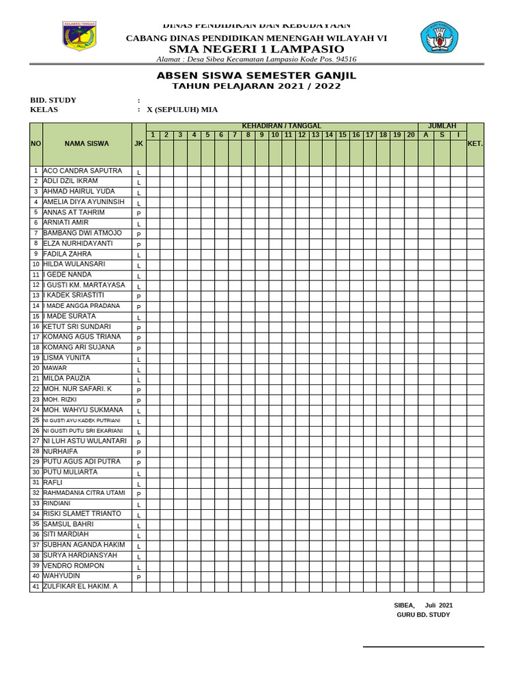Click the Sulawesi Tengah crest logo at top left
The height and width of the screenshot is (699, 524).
(x=79, y=36)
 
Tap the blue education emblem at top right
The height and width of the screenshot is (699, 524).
(x=439, y=38)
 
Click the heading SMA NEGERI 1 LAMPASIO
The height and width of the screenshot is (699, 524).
(x=257, y=49)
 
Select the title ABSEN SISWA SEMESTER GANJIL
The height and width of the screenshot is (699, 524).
(x=257, y=75)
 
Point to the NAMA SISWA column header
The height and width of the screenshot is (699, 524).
(x=87, y=144)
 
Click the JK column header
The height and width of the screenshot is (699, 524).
(x=139, y=144)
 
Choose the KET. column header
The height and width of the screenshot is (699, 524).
(x=475, y=144)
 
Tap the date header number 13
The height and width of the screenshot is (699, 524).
(x=316, y=135)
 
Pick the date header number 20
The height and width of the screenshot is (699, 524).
(x=411, y=135)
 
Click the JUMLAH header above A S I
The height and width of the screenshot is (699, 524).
(x=442, y=126)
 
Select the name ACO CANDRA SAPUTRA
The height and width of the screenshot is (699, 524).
(x=83, y=171)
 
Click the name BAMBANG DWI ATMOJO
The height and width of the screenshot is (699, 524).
(x=83, y=233)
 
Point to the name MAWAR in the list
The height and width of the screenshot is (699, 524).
(x=55, y=368)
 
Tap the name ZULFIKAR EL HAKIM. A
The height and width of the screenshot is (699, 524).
(x=81, y=586)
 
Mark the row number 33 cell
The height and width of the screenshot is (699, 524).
(x=36, y=504)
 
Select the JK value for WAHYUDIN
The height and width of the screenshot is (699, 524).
(x=139, y=577)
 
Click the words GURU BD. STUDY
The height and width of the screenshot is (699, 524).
(x=423, y=615)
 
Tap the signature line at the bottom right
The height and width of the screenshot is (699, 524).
(x=423, y=646)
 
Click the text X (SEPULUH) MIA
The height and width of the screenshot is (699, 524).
(x=182, y=109)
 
